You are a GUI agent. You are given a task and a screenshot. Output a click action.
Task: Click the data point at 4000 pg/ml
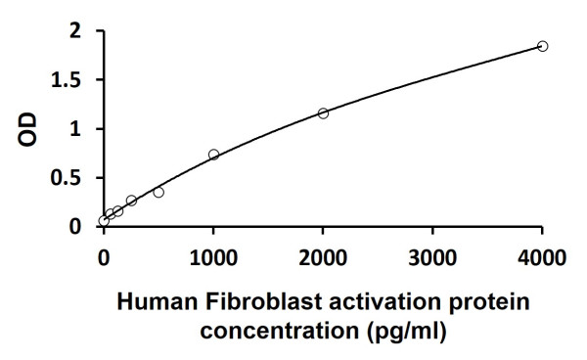542,46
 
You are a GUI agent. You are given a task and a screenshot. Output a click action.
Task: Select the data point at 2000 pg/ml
323,113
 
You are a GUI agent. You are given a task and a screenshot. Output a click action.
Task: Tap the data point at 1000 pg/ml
213,155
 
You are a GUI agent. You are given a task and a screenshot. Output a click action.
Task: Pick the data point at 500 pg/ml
158,192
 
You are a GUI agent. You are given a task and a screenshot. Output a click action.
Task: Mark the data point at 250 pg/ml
131,201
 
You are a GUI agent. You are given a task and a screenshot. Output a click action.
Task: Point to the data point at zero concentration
104,221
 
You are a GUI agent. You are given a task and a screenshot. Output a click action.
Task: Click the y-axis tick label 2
75,31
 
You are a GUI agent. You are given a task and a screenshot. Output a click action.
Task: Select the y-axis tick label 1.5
68,80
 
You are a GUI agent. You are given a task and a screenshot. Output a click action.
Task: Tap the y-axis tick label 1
75,129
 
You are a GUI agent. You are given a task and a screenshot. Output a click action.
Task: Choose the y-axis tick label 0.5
68,178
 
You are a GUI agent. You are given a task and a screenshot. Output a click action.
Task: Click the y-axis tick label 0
75,227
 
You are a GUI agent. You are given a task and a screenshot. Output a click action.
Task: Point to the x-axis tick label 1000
213,257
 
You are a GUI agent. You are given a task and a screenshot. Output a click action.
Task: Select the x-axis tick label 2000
323,257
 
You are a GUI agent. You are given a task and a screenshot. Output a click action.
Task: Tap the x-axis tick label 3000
432,257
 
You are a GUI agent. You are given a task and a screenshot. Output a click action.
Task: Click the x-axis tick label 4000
542,257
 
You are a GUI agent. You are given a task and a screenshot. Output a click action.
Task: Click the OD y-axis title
30,129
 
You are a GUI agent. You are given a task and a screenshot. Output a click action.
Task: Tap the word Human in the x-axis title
147,303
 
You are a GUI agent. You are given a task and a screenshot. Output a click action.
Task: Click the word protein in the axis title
495,303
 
